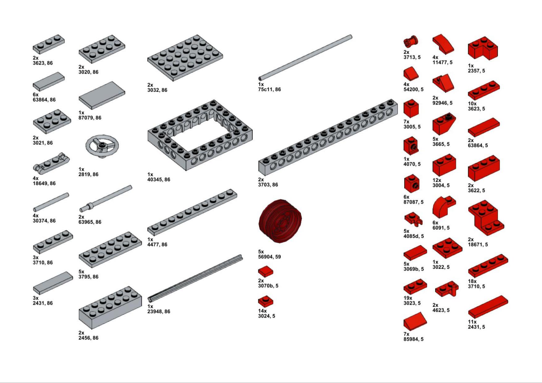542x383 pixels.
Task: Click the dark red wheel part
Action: click(x=279, y=221)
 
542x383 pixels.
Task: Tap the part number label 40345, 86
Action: click(x=159, y=179)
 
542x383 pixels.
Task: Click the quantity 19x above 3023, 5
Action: click(x=408, y=298)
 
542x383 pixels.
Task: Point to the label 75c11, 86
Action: click(x=270, y=89)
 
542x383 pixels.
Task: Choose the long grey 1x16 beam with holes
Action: click(x=328, y=137)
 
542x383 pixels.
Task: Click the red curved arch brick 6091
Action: click(x=444, y=207)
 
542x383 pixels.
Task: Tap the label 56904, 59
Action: click(x=270, y=257)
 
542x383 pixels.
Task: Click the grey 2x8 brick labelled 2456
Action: click(x=110, y=308)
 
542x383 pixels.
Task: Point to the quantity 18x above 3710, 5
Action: click(x=472, y=281)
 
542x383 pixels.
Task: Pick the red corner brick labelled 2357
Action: click(x=483, y=48)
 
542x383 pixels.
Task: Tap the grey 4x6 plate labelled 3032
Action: click(x=185, y=58)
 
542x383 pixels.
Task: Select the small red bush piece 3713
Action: click(x=411, y=42)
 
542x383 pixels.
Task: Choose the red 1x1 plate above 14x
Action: click(x=266, y=301)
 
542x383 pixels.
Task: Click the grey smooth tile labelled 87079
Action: click(x=102, y=95)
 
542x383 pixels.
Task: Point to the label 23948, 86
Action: click(x=159, y=311)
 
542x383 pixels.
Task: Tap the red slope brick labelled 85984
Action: click(x=415, y=321)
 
